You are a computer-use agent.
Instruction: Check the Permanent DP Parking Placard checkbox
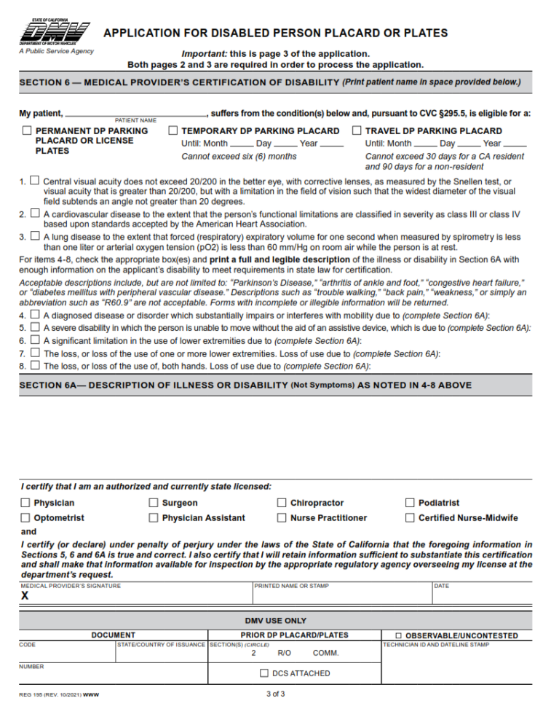point(27,131)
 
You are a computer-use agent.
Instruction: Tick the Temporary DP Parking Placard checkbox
point(173,131)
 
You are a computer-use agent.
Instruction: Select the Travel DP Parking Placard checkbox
point(357,131)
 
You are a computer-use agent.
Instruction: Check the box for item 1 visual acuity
point(34,180)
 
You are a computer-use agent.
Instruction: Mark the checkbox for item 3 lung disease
point(34,236)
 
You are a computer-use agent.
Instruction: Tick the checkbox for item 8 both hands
point(34,364)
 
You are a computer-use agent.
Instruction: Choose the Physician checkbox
point(26,503)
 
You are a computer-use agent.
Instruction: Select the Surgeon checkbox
point(154,503)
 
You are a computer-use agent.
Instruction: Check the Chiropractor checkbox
point(282,503)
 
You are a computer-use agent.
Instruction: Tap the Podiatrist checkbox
point(411,503)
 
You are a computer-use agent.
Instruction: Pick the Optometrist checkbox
point(26,518)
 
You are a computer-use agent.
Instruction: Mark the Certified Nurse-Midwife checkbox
point(411,518)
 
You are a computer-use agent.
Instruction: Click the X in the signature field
point(25,595)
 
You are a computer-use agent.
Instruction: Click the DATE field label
point(441,585)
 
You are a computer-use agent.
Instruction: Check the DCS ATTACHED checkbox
point(263,673)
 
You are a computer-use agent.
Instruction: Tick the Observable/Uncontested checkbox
point(397,636)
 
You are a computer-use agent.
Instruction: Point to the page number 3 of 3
point(276,694)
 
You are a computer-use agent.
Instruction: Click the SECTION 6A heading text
point(153,385)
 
